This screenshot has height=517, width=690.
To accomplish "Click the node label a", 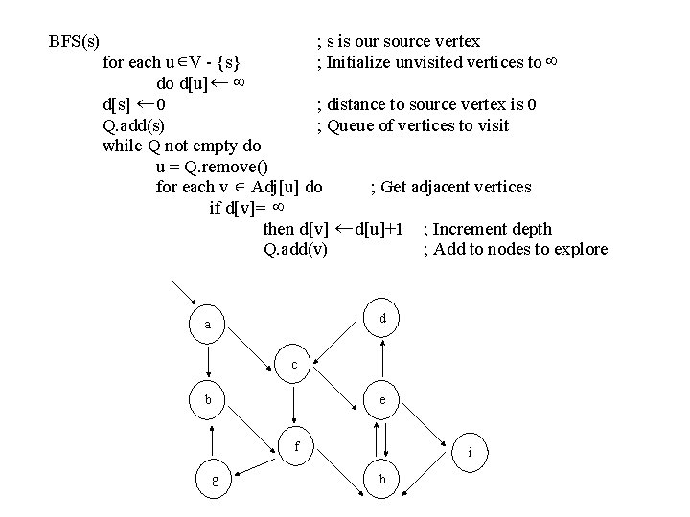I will click(207, 325).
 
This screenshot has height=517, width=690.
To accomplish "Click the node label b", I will click(207, 400).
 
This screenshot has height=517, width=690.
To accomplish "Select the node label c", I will click(294, 365).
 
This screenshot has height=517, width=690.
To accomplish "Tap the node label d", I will click(382, 317).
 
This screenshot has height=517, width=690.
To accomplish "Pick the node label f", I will click(297, 446).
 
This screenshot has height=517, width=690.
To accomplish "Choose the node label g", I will click(215, 481).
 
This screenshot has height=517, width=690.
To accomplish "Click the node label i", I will click(469, 452).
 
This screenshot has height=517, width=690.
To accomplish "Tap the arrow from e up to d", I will click(382, 359).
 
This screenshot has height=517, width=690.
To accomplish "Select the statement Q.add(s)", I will click(132, 125).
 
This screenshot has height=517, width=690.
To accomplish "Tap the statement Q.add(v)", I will click(294, 250).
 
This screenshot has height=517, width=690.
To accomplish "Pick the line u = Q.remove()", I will click(211, 167).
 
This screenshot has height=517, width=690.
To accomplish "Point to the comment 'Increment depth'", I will click(488, 229).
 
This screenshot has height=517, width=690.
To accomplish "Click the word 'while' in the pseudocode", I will click(122, 146).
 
